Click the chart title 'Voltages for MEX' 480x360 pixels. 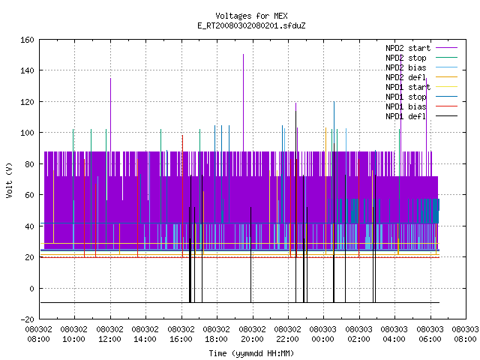click(251, 16)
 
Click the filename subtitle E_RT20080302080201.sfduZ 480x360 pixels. click(251, 25)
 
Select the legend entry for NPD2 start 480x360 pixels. click(421, 48)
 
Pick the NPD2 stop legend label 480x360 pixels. click(421, 58)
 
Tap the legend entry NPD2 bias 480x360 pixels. click(421, 67)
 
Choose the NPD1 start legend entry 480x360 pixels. click(421, 87)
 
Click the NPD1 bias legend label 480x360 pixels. click(421, 106)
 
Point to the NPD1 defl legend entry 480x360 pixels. click(421, 116)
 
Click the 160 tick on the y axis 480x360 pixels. click(27, 40)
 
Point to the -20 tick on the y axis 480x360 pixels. click(27, 319)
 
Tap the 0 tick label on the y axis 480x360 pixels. click(31, 288)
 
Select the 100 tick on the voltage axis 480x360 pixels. click(27, 133)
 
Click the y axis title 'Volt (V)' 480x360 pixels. click(9, 180)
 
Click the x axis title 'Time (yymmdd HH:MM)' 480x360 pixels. click(251, 353)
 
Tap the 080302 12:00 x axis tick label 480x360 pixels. click(110, 334)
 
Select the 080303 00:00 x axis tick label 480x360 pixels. click(323, 334)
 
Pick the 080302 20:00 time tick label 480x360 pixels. click(252, 334)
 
